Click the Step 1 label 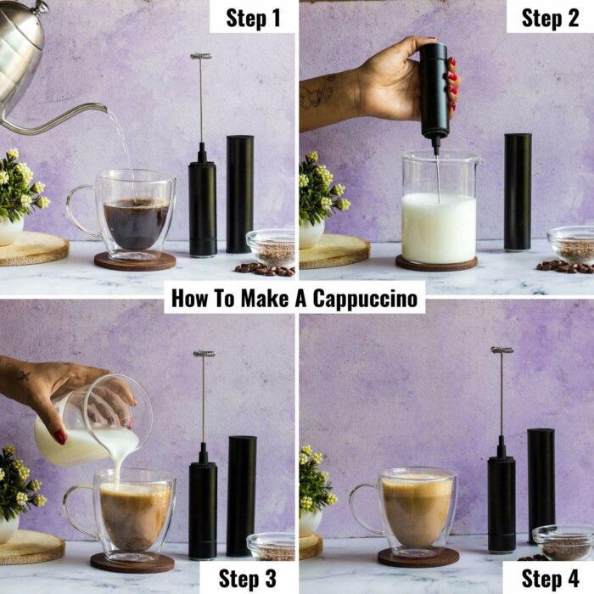pos(253,18)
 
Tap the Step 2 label pos(550,18)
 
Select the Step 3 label pos(248,579)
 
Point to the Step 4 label pos(550,579)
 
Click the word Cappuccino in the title pos(365,299)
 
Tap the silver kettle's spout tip pos(105,109)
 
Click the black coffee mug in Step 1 pos(121,215)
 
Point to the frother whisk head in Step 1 pos(201,57)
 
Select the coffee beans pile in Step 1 pos(265,269)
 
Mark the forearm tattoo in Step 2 pos(317,92)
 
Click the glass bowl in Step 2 pos(571,245)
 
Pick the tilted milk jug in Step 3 pos(92,421)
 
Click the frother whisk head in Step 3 pos(205,354)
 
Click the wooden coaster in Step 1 pos(135,261)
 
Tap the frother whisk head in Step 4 pos(502,350)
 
